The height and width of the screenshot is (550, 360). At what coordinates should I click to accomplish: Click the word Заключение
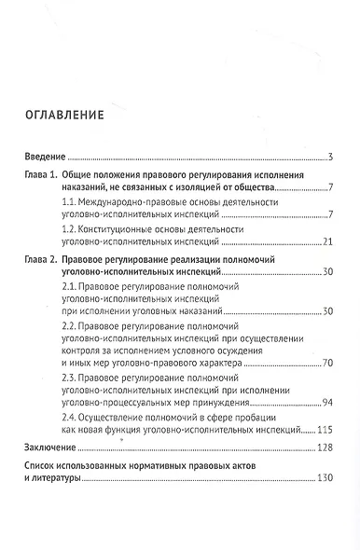(x=52, y=448)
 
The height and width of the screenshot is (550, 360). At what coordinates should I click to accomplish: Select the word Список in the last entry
(x=46, y=465)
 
